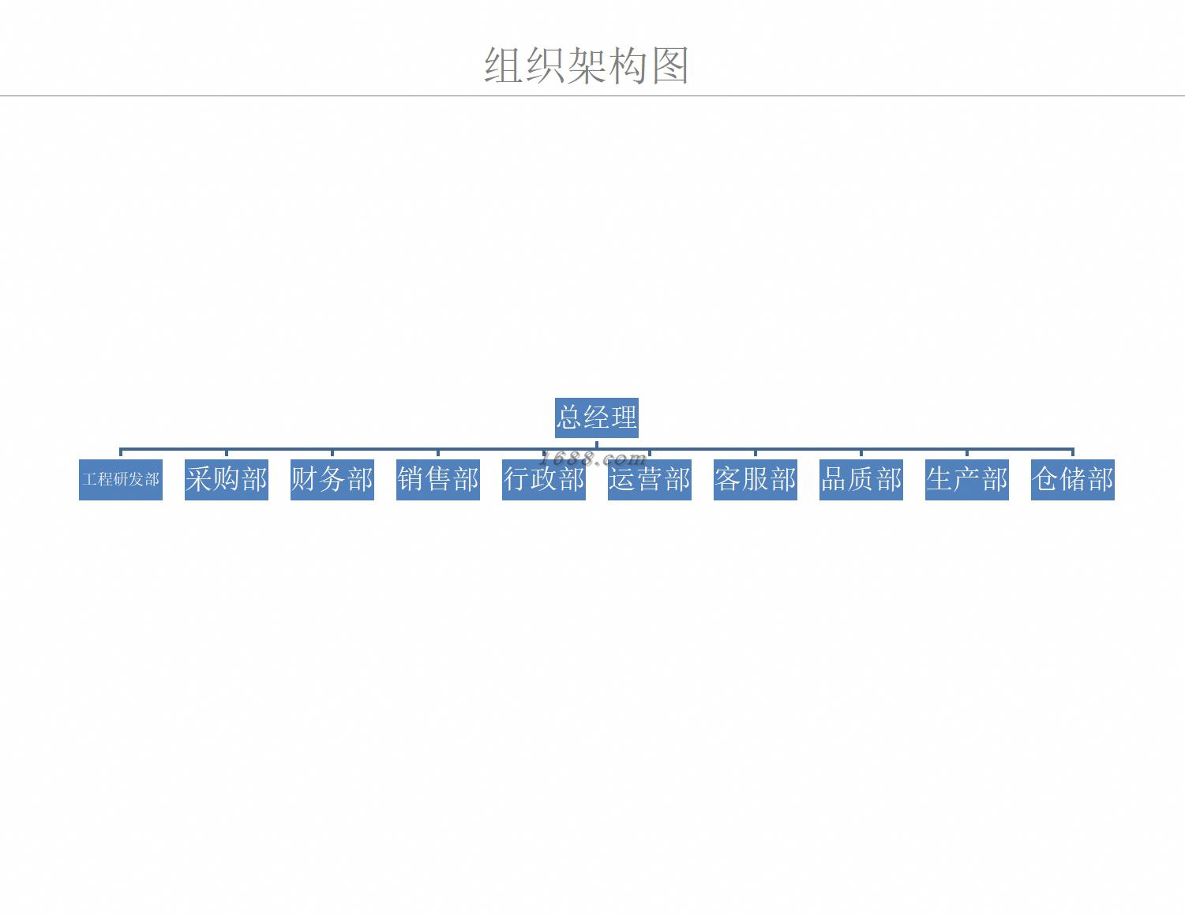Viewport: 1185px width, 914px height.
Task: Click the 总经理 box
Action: tap(596, 418)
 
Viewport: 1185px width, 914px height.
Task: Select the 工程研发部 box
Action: tap(121, 480)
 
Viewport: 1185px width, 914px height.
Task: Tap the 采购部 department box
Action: tap(227, 480)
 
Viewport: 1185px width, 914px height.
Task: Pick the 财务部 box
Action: tap(332, 480)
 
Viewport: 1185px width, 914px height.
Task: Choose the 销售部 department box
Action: tap(438, 480)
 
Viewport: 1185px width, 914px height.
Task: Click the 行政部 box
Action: tap(544, 480)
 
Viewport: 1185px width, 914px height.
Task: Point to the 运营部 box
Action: tap(650, 480)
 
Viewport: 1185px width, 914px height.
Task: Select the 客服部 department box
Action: tap(756, 480)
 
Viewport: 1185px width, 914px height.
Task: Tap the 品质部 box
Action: tap(861, 480)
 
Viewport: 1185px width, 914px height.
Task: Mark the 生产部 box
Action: tap(967, 480)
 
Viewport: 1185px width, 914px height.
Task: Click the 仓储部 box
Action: tap(1073, 480)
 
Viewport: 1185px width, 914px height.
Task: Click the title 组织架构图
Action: tap(587, 66)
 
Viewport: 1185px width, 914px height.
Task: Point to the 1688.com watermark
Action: tap(594, 459)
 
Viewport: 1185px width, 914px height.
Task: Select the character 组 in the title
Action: tap(503, 66)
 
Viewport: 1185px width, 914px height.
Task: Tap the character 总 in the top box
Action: tap(569, 417)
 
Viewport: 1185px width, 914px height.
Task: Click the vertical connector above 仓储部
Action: tap(1073, 453)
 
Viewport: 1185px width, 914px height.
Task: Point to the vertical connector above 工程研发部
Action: tap(121, 453)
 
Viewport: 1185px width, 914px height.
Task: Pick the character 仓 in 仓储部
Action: tap(1045, 479)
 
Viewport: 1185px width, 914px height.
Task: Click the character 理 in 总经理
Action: tap(624, 417)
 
